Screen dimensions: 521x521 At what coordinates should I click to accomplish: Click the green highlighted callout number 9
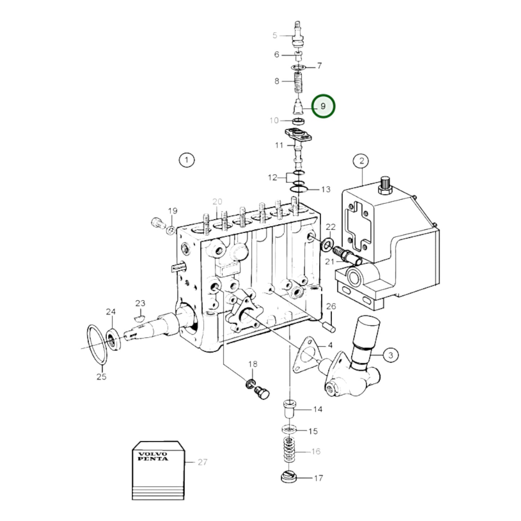(x=323, y=106)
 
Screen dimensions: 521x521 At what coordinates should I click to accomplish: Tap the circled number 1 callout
(x=186, y=160)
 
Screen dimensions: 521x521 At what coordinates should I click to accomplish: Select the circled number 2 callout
(x=362, y=161)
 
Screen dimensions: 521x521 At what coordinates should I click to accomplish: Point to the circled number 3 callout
(x=391, y=355)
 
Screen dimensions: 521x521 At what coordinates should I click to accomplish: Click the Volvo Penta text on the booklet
(x=153, y=456)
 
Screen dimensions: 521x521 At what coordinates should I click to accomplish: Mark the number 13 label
(x=326, y=190)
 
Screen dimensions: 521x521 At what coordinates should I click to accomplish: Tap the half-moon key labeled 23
(x=140, y=318)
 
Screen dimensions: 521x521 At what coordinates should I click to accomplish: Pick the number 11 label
(x=279, y=146)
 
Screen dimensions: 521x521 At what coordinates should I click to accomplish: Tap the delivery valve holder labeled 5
(x=297, y=36)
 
